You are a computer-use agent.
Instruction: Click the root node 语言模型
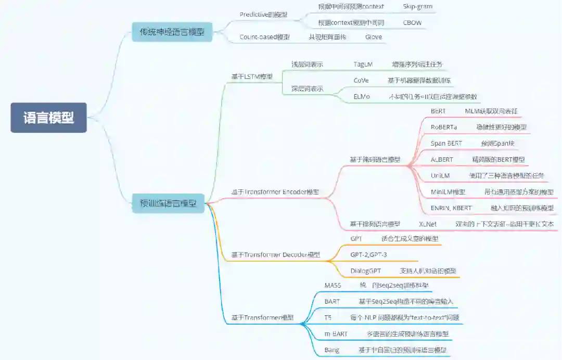48,118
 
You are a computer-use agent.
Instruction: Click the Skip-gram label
417,7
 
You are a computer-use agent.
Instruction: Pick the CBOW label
412,23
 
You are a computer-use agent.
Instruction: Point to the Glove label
373,37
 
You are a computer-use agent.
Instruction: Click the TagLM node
363,65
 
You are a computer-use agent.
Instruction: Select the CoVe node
361,81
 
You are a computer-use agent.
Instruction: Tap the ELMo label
361,97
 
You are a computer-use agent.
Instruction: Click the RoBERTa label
443,127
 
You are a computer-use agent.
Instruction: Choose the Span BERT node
446,143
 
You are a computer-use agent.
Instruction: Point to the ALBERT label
442,159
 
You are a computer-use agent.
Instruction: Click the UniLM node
440,176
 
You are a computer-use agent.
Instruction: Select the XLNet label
428,224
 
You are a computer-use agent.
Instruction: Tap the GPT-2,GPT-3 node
368,255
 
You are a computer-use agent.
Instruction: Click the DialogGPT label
365,271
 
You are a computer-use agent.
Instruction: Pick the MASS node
333,286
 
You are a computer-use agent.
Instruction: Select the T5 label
328,317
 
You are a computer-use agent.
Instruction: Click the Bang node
331,350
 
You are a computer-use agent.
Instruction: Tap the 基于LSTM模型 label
252,76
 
